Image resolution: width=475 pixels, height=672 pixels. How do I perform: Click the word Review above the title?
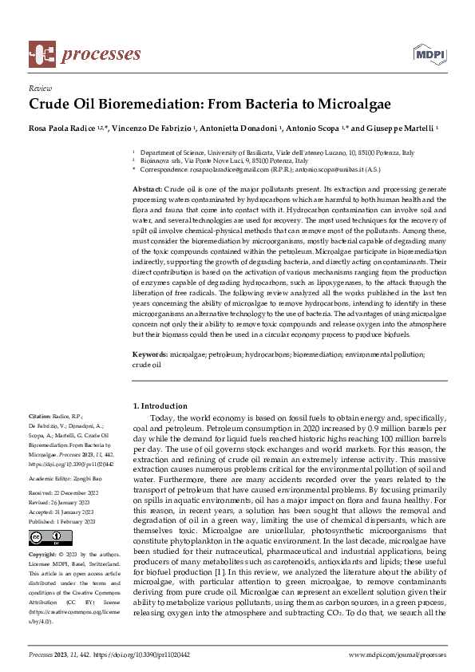(39, 89)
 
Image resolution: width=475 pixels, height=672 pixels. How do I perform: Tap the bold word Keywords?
(149, 354)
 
